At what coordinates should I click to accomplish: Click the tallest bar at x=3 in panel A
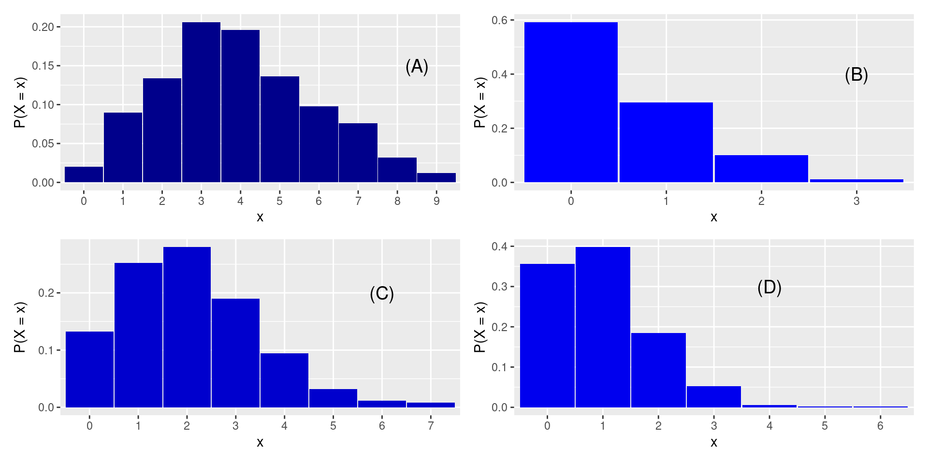point(201,102)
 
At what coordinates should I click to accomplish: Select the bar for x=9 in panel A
point(436,178)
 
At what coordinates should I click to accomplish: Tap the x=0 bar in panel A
point(84,174)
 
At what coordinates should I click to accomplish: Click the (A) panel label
point(417,67)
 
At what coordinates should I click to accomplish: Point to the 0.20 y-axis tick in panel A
point(43,27)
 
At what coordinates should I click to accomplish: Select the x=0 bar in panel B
point(571,102)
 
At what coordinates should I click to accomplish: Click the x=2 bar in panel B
point(761,169)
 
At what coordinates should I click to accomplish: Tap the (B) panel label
point(856,75)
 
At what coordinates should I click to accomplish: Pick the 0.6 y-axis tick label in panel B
point(499,20)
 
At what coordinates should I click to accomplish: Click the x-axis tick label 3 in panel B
point(856,201)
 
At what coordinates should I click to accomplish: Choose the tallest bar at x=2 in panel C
point(187,327)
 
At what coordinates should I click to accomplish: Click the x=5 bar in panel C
point(333,398)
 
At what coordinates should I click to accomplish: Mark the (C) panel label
point(382,294)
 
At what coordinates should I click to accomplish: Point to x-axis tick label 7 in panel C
point(431,426)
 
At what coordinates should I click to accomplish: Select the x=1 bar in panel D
point(603,327)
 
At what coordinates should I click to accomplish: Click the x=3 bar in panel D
point(714,397)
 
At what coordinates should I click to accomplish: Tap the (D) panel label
point(769,288)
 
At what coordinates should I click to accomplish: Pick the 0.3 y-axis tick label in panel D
point(499,287)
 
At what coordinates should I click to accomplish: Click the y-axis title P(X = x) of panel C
point(20,327)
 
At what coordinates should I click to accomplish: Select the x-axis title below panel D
point(714,442)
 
